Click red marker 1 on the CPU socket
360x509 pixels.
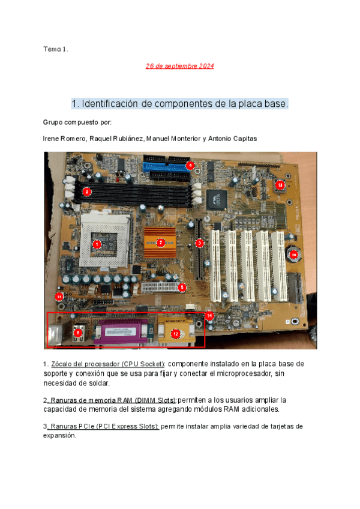click(x=97, y=244)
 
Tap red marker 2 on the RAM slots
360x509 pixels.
click(x=87, y=191)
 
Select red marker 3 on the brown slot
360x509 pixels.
click(x=200, y=243)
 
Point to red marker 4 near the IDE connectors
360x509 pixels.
click(x=190, y=165)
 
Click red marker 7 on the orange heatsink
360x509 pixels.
click(x=160, y=242)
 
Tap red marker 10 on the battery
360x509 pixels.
click(x=293, y=254)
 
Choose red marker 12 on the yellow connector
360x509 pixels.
click(x=175, y=333)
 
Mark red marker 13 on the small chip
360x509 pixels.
click(x=280, y=185)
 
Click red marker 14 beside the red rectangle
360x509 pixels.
click(x=209, y=315)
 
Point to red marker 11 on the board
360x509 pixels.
click(x=59, y=296)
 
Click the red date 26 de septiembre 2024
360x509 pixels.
click(x=180, y=66)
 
